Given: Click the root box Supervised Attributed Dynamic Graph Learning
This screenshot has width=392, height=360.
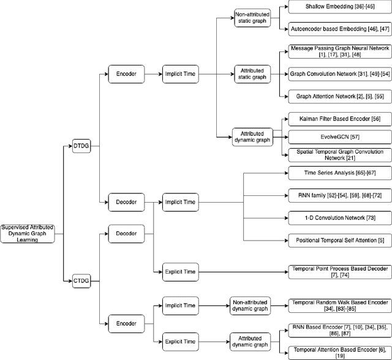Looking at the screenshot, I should [27, 233].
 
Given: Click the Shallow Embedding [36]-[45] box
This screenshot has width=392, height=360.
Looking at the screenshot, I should [337, 7].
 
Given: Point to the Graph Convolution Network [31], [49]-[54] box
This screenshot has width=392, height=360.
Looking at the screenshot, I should [337, 74].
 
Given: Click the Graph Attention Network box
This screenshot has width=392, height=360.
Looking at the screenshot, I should [337, 96].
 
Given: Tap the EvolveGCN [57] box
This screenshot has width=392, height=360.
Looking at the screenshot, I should [337, 136].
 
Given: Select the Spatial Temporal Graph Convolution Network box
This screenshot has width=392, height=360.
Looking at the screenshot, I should [337, 154].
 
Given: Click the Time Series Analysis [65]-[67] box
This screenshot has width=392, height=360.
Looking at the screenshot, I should [337, 173].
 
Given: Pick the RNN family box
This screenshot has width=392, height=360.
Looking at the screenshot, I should [337, 195].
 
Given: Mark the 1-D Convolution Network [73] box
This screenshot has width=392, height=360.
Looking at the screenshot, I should [337, 217].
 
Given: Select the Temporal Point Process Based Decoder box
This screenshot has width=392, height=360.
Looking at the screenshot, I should [337, 272].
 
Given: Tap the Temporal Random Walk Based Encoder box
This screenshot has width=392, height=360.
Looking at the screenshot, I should [337, 304].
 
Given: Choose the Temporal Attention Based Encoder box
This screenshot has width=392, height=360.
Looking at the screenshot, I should [337, 351].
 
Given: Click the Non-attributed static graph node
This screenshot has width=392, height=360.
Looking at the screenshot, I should [252, 17].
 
